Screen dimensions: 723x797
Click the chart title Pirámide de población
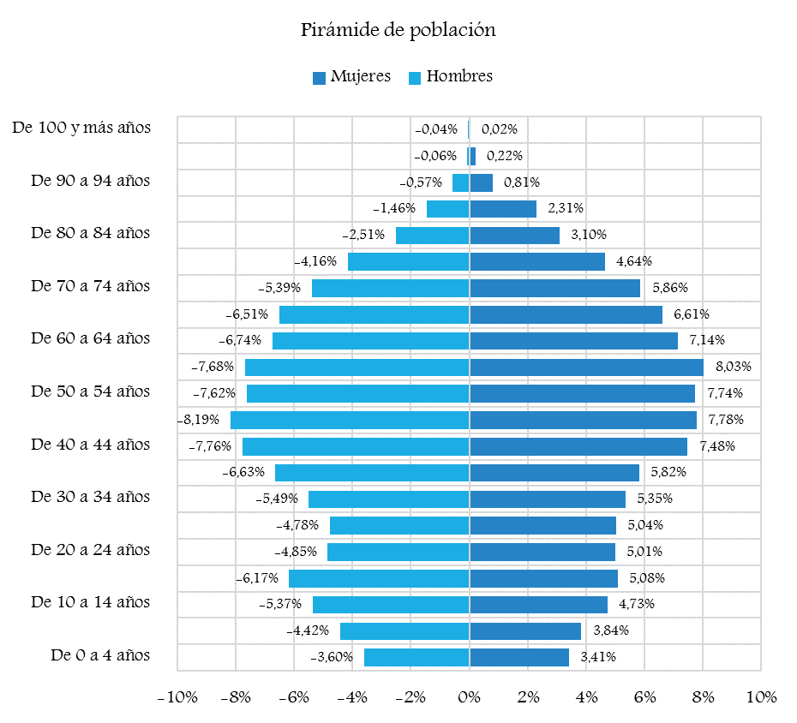398,30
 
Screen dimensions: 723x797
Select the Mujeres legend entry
351,76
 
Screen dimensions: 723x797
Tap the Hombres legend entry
451,76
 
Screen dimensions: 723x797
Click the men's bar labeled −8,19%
350,420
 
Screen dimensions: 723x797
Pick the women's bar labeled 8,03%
586,367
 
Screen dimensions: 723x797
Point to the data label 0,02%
499,130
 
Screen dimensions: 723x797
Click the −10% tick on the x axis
177,697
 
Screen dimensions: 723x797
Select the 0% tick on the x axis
469,697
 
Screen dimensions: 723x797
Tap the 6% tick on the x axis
644,697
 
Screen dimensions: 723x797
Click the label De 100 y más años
82,128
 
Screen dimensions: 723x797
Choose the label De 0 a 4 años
100,656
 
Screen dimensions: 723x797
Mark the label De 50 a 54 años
90,392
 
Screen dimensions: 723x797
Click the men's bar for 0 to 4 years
416,657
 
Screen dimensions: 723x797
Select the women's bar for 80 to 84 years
514,235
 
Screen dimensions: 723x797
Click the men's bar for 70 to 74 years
390,288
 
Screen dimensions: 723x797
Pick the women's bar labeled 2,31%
503,208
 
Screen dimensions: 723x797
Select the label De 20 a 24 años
90,550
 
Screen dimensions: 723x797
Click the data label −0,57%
421,182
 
